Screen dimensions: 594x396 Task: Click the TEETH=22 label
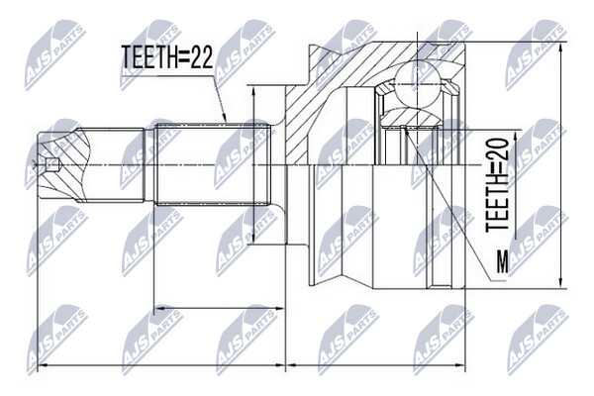click(167, 57)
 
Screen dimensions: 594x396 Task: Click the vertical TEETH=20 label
click(497, 185)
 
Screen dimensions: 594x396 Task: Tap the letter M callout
click(503, 261)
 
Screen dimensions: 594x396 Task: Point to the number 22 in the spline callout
click(202, 57)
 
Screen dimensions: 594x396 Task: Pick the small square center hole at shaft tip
click(51, 165)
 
